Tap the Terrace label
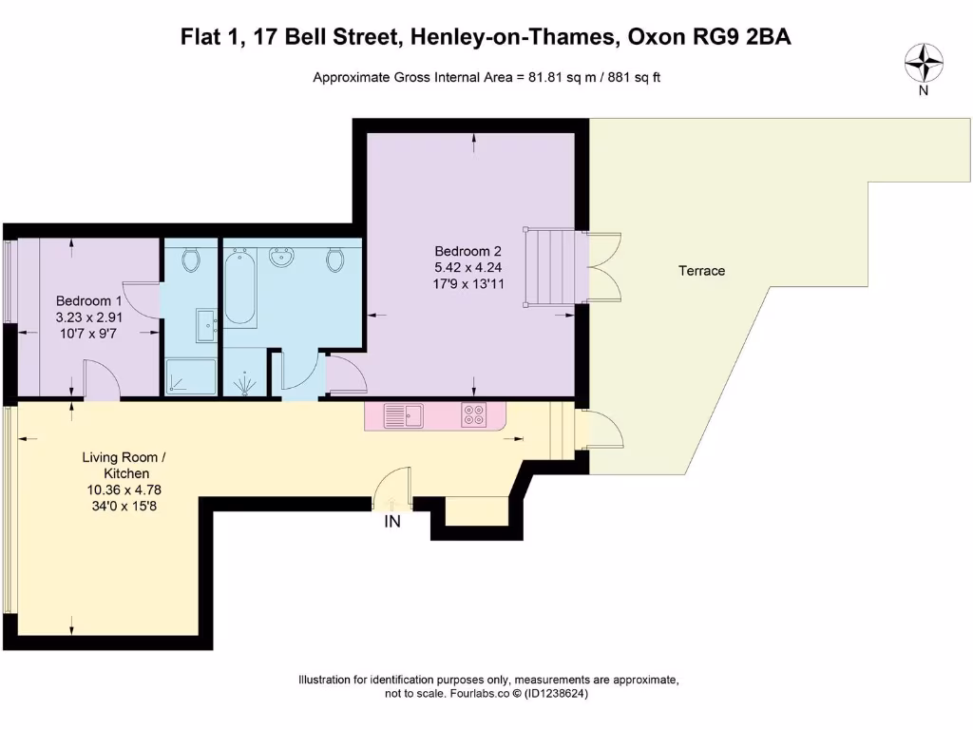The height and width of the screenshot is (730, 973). tap(701, 271)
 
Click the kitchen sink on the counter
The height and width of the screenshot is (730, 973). tap(403, 415)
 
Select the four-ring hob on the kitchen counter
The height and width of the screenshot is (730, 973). tap(473, 415)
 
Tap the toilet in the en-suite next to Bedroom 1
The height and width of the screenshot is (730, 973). tap(190, 259)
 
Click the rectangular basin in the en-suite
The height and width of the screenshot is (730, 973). tap(207, 324)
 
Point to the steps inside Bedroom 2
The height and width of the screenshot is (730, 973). tap(551, 267)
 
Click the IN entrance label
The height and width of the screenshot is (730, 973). tap(391, 522)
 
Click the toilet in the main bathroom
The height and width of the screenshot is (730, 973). tap(334, 259)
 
